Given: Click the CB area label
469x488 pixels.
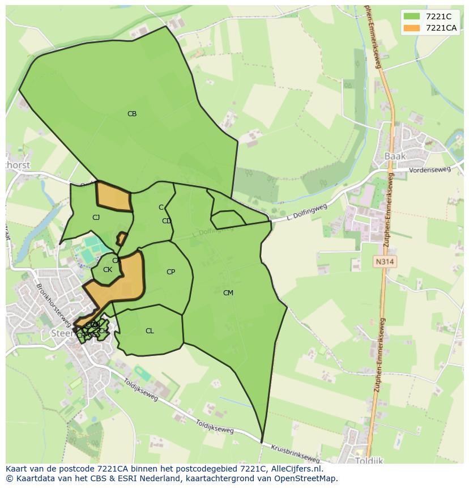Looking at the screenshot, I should tap(132, 114).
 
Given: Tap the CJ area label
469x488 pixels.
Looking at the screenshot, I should tap(96, 217).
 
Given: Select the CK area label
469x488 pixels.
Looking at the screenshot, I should tap(108, 270).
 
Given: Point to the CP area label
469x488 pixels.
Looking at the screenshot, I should tap(170, 272).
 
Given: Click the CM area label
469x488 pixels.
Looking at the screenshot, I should tap(228, 293).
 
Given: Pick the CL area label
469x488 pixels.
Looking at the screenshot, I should tap(150, 331).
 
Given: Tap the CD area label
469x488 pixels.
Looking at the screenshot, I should tap(167, 221).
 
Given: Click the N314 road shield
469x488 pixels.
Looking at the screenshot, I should tap(384, 261).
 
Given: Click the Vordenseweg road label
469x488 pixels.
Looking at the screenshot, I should tap(430, 169).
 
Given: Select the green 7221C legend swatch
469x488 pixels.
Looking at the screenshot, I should tap(412, 16).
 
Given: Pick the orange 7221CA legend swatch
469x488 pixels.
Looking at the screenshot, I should tap(412, 28).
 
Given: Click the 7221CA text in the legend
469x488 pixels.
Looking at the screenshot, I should tap(441, 28).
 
